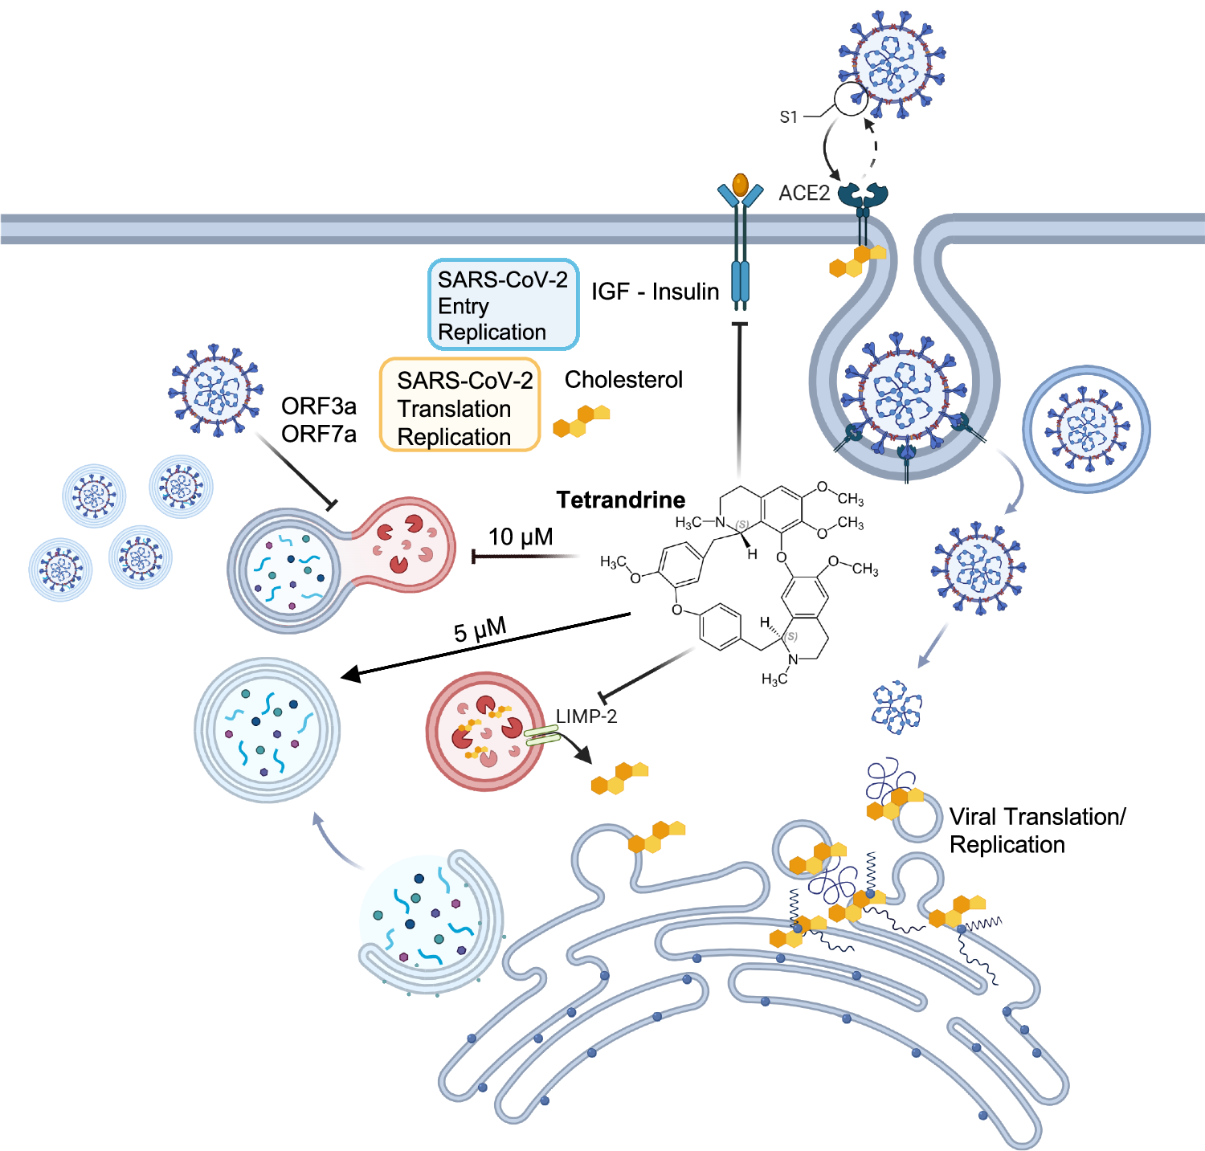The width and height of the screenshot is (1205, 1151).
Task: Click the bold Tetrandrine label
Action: coord(620,500)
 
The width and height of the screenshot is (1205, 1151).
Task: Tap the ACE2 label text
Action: coord(803,193)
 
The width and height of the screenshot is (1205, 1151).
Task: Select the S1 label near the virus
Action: coord(788,117)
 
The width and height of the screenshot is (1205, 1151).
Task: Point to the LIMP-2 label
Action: coord(586,716)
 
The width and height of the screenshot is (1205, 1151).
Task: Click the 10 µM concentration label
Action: coord(521,537)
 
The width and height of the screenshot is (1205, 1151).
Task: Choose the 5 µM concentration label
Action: coord(480,630)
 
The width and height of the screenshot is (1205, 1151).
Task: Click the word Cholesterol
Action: coord(623,379)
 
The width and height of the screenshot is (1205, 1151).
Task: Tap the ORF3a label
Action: coord(318,406)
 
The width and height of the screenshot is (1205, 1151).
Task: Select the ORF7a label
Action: coord(318,434)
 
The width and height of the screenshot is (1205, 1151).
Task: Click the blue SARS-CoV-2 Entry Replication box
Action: coord(503,305)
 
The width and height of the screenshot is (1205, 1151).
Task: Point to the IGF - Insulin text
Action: coord(655,292)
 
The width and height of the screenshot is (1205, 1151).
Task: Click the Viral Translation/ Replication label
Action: coord(1036,831)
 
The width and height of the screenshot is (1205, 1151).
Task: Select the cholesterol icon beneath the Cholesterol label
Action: coord(581,420)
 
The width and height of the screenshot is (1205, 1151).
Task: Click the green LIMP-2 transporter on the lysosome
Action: coord(542,735)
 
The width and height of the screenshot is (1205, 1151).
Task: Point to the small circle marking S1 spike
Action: coord(850,100)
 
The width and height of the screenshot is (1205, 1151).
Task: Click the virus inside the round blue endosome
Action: coord(1086,429)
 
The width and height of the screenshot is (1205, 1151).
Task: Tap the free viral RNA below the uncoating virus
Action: coord(897,708)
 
